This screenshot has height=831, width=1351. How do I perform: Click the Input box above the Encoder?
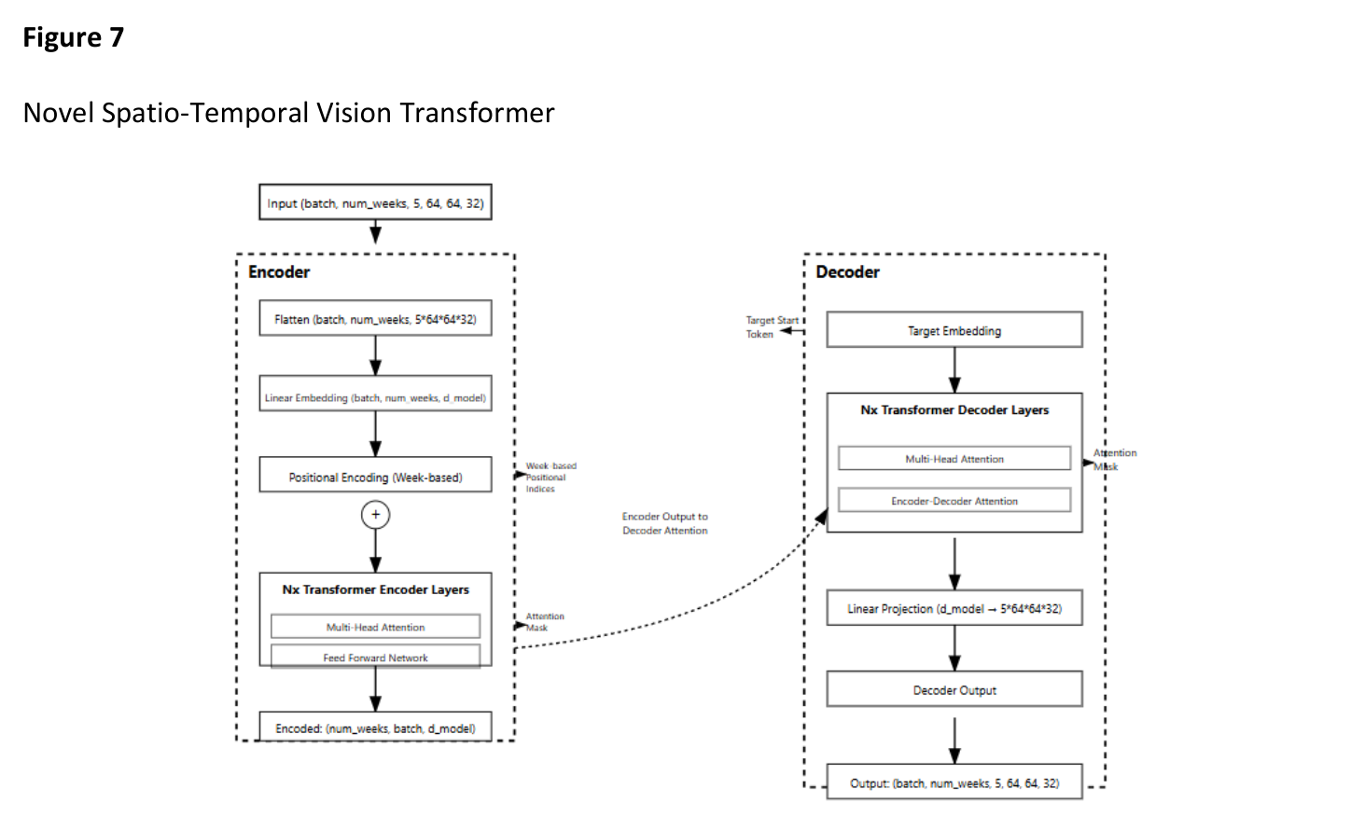tap(375, 202)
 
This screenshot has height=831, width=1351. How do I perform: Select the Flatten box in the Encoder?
tap(375, 319)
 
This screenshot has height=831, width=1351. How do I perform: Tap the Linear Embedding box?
tap(375, 397)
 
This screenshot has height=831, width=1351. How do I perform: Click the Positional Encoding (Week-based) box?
tap(375, 477)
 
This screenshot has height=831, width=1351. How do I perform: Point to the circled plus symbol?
tap(375, 514)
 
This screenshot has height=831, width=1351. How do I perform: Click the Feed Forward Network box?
tap(375, 657)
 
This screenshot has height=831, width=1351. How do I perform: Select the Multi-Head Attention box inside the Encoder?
tap(375, 627)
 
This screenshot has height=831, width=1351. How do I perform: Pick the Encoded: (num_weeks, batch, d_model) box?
tap(375, 727)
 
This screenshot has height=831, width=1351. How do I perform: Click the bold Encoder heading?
tap(279, 272)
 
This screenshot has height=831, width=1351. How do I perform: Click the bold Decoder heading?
tap(847, 272)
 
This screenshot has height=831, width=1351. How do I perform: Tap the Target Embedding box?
tap(954, 330)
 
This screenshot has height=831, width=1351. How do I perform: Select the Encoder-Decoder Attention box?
tap(954, 501)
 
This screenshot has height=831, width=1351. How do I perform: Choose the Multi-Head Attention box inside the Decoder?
tap(954, 459)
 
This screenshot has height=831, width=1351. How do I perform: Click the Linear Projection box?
tap(954, 608)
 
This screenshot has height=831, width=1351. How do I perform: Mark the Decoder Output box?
tap(954, 690)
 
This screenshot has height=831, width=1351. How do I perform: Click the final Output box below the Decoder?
tap(954, 783)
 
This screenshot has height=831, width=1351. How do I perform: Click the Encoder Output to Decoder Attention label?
tap(664, 523)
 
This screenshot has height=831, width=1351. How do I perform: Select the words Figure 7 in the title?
tap(73, 37)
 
